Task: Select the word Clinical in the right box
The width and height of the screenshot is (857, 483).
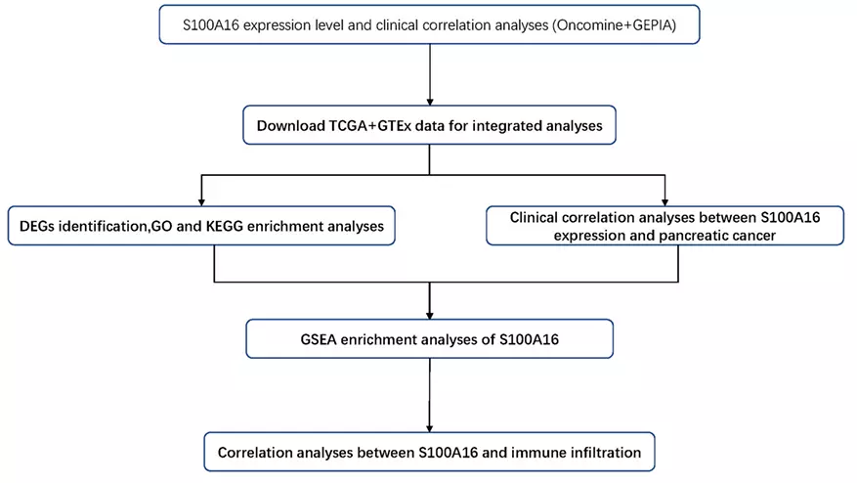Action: (539, 216)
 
